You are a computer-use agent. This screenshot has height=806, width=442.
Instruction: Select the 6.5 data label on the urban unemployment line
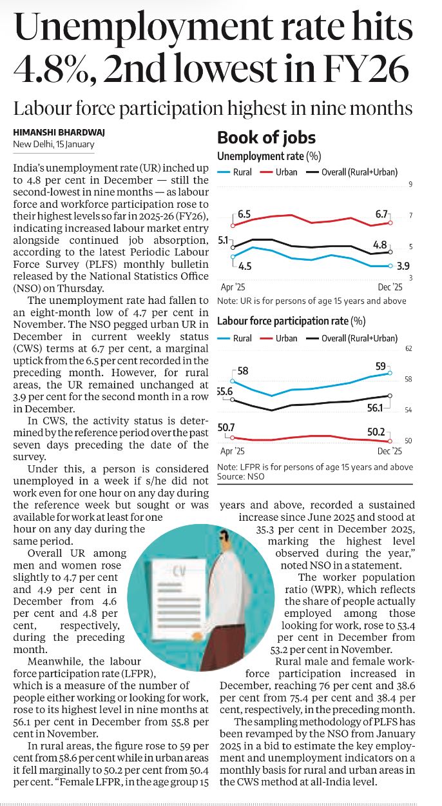point(244,214)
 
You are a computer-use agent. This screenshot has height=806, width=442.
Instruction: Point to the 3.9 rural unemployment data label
point(403,266)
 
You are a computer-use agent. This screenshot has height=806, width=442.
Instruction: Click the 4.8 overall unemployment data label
point(380,245)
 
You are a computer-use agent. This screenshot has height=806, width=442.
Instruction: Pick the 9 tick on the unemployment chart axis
point(410,186)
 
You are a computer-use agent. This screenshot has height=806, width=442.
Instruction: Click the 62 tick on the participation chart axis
point(408,349)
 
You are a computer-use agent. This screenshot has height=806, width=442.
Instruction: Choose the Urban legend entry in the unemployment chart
point(280,172)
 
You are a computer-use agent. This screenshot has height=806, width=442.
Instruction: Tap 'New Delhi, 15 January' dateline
point(54,144)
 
